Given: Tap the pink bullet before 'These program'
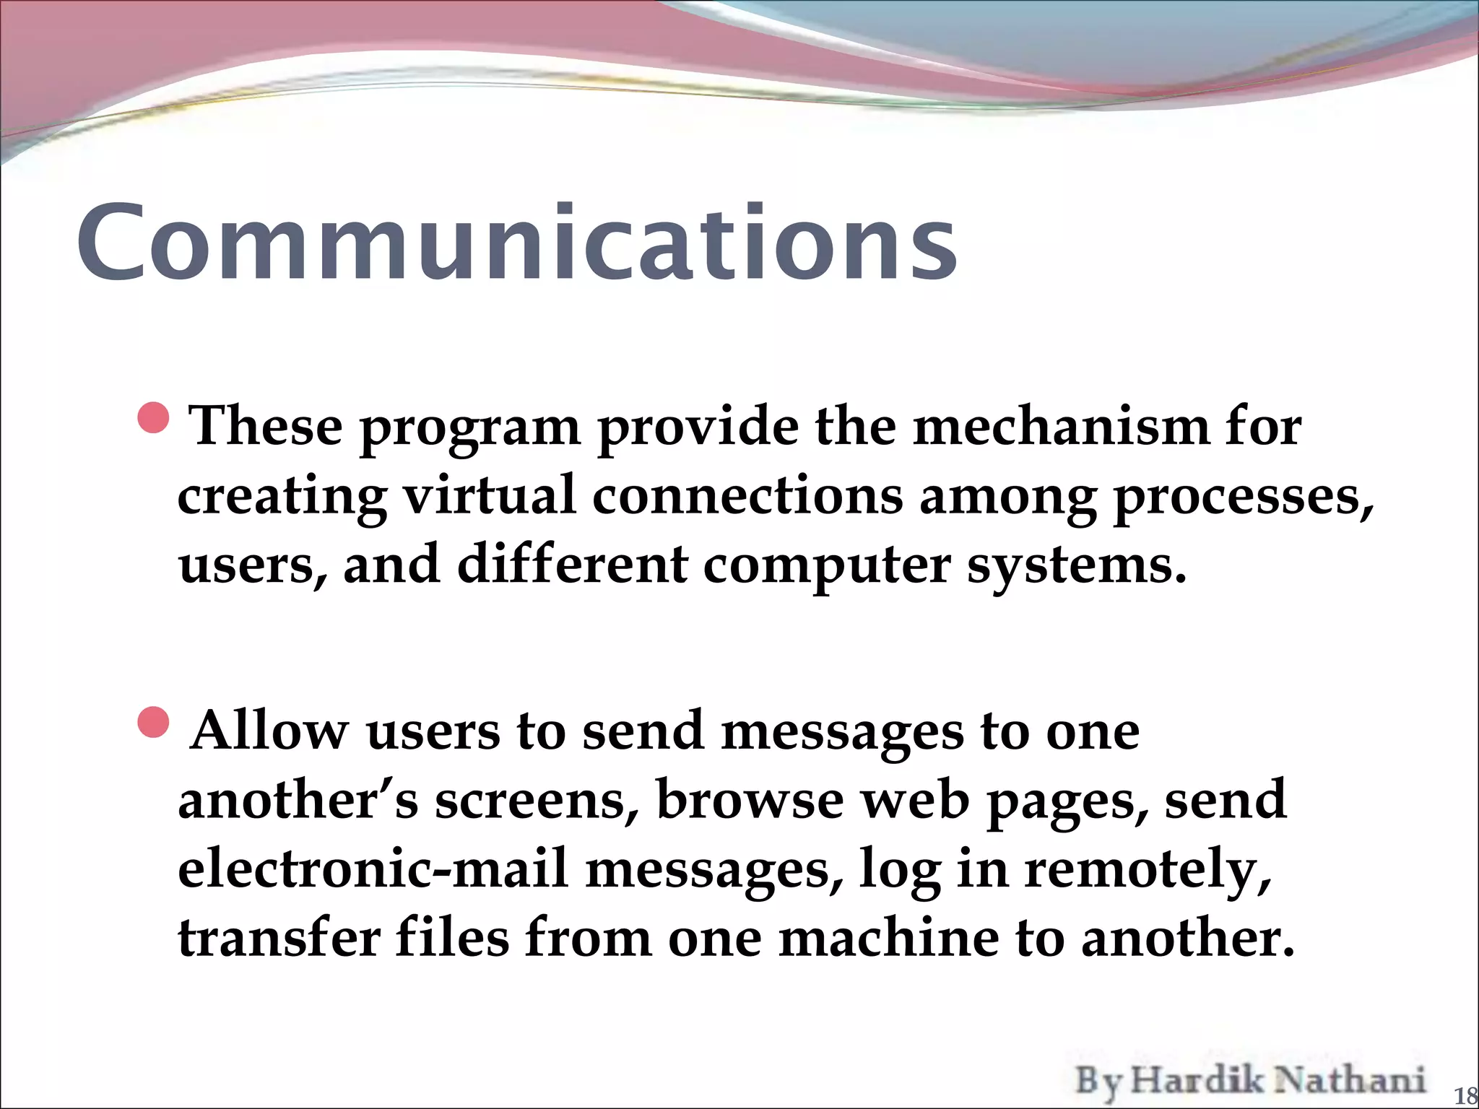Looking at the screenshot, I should click(x=153, y=418).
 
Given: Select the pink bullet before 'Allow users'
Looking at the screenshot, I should click(x=153, y=723).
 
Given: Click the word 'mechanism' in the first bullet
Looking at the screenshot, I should click(x=1060, y=427).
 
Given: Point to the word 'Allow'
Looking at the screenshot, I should click(x=269, y=730).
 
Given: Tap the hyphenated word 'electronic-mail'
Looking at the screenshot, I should click(x=373, y=868).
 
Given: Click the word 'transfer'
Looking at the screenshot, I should click(x=279, y=937).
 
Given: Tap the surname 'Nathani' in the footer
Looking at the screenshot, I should click(x=1349, y=1080).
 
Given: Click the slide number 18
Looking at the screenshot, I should click(x=1465, y=1096).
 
